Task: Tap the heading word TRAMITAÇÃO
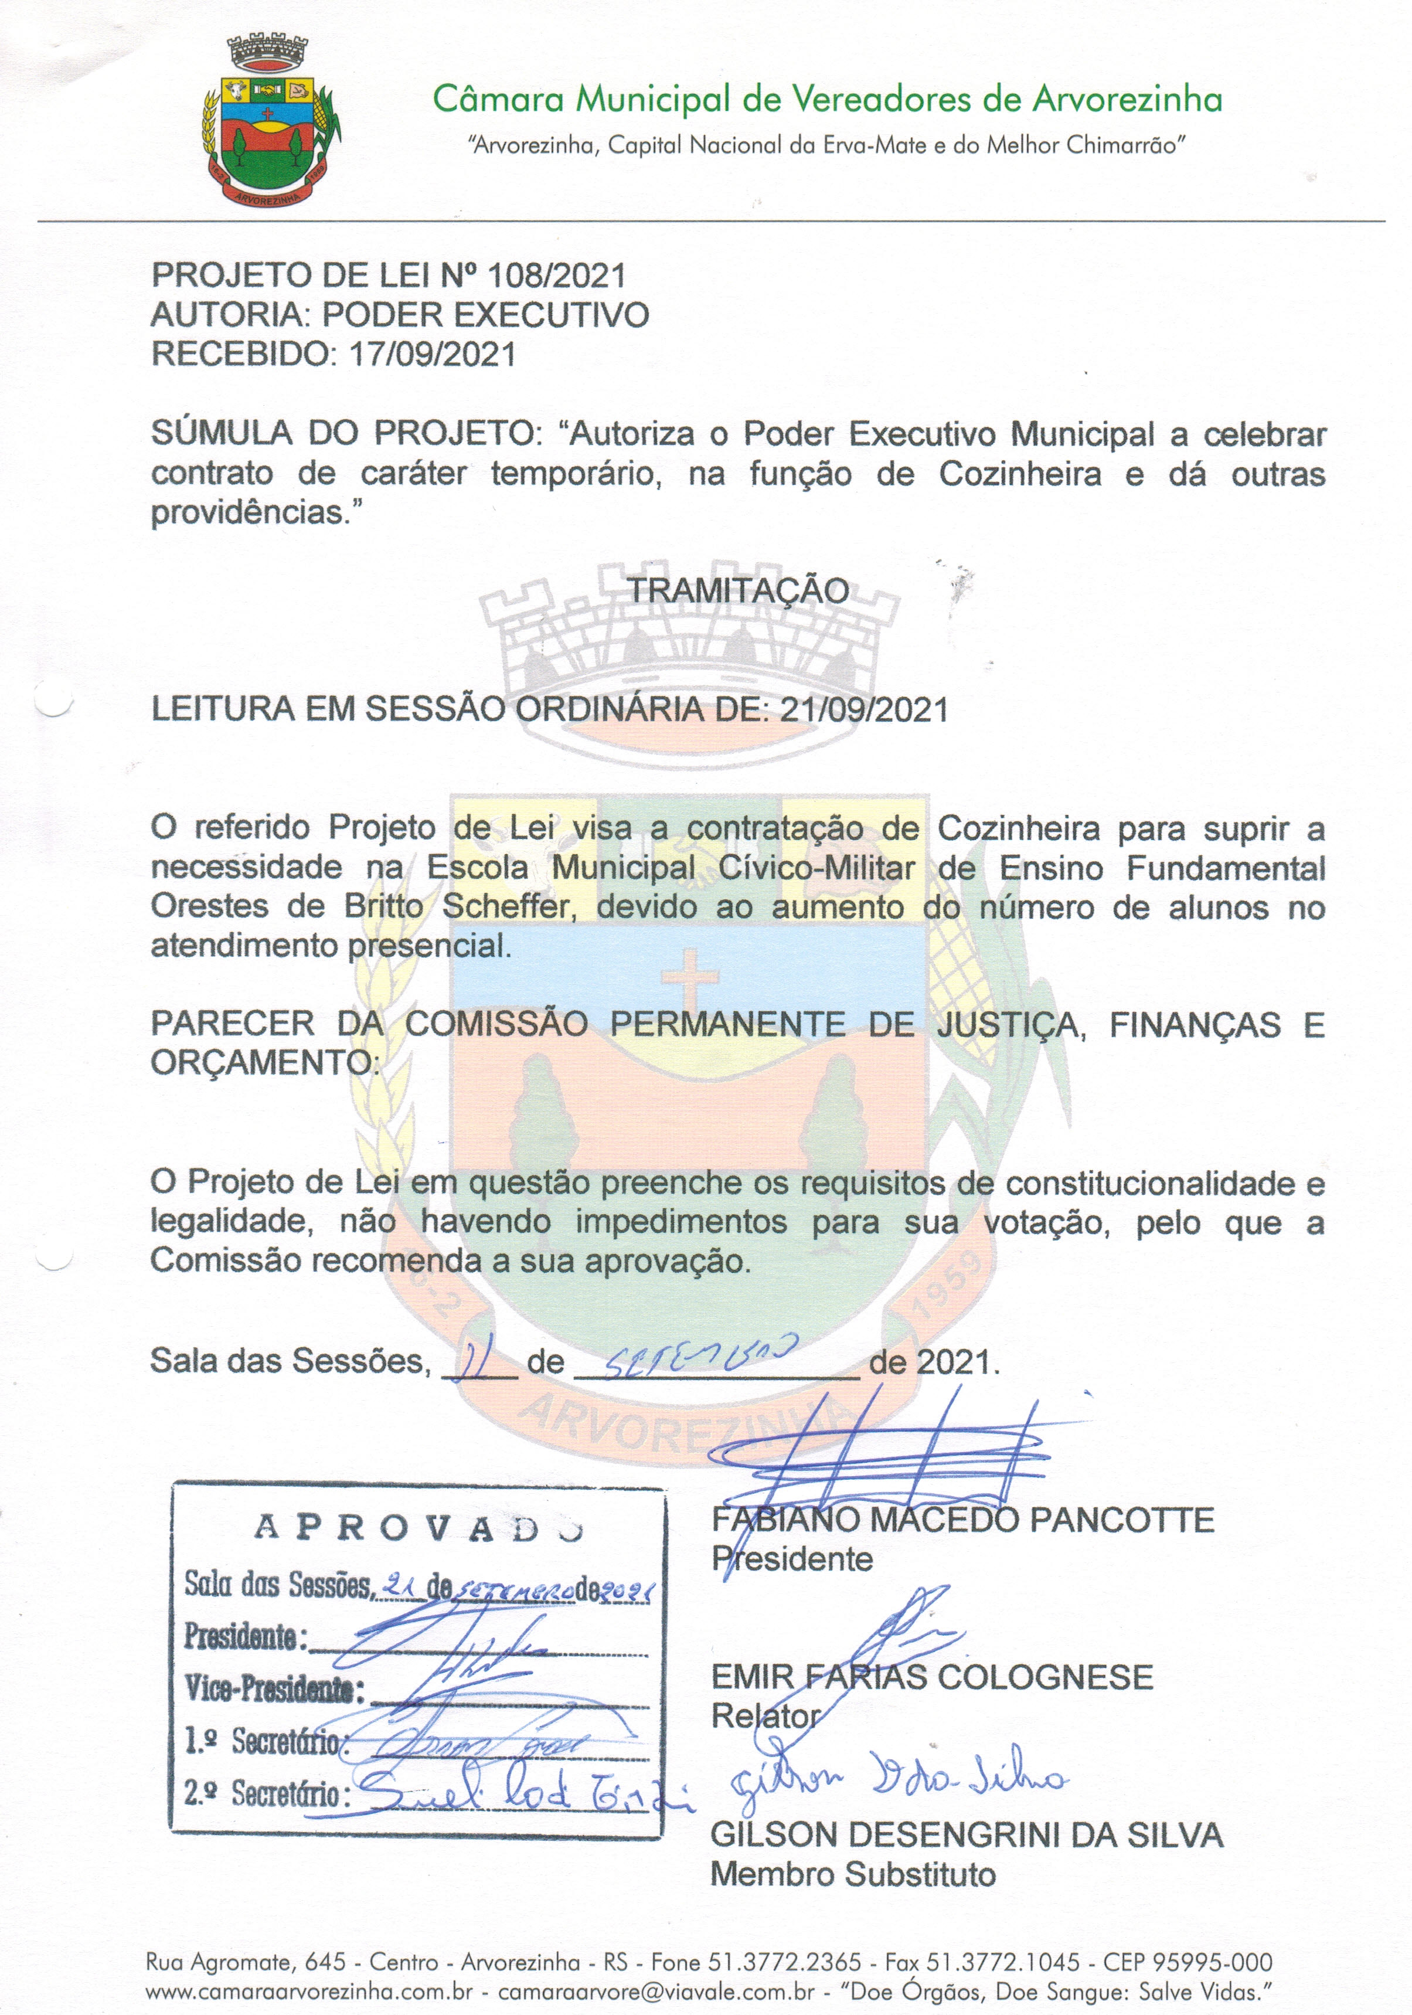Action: [738, 590]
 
